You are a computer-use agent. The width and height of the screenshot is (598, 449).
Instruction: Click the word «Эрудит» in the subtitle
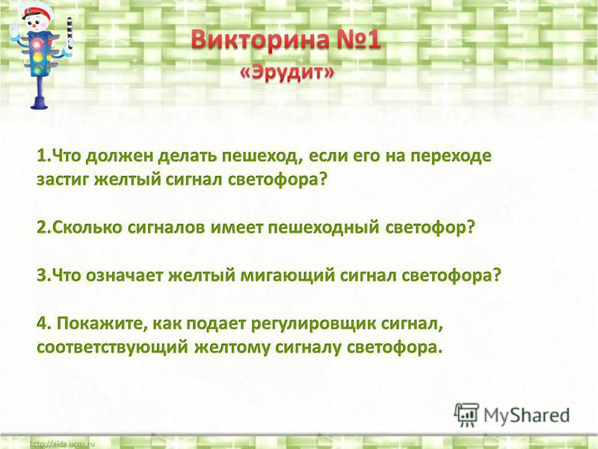(x=287, y=73)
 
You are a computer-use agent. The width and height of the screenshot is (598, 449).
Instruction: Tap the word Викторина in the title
(x=260, y=40)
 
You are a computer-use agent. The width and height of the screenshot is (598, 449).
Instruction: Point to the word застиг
(x=63, y=180)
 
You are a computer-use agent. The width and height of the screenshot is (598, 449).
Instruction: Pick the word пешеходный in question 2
(x=324, y=228)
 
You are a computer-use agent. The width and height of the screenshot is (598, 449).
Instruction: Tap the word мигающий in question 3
(x=288, y=275)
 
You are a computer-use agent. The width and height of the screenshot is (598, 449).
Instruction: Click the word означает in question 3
(x=124, y=275)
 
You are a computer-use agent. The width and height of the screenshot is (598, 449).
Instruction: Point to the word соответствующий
(x=113, y=348)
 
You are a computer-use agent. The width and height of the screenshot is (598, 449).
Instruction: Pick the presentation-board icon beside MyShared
(x=466, y=415)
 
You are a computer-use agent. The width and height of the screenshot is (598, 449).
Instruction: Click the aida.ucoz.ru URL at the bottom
(x=62, y=444)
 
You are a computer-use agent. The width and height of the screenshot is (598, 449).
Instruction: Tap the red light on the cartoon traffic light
(x=37, y=44)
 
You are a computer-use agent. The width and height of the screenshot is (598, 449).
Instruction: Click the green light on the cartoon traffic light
(x=38, y=70)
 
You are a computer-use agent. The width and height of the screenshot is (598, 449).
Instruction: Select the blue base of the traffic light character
(x=39, y=103)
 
